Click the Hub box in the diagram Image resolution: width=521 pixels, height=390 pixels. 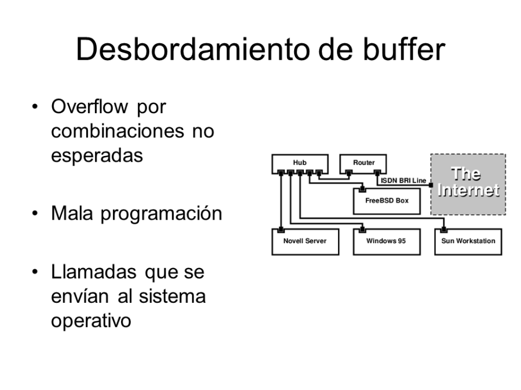coord(300,164)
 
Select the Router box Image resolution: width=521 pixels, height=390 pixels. coord(364,164)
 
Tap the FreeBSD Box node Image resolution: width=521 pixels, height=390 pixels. coord(383,202)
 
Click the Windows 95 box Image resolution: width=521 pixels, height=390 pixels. coord(386,242)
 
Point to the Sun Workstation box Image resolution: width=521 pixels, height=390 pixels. coord(468,242)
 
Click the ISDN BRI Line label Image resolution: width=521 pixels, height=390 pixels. coord(403,181)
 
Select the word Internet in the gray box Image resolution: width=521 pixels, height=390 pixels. coord(468,190)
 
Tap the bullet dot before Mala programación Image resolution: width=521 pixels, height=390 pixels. coord(36,214)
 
